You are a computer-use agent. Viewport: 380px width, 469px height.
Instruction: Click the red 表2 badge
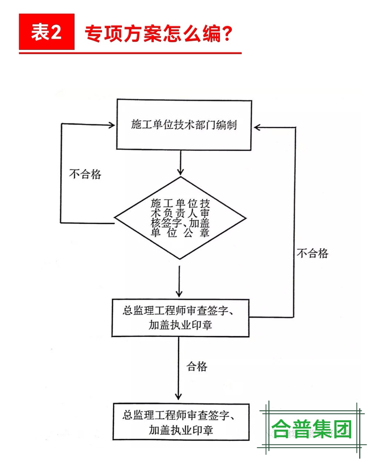(46, 32)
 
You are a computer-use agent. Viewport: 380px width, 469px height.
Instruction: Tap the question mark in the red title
(227, 34)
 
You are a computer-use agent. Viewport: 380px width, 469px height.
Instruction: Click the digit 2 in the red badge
(57, 32)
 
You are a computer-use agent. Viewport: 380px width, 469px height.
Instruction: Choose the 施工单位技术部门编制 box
(184, 125)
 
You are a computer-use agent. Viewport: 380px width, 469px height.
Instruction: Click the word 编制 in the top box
(227, 125)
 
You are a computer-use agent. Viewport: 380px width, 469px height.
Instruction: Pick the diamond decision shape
(180, 218)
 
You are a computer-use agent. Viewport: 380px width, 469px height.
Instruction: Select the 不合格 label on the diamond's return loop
(85, 174)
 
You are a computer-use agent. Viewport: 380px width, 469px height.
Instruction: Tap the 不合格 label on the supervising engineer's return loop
(312, 253)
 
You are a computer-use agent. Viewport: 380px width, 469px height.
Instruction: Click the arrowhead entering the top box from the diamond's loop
(112, 125)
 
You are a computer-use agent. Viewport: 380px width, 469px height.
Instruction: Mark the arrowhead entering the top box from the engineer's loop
(257, 128)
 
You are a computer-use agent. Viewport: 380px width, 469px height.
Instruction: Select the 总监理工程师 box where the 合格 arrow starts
(180, 318)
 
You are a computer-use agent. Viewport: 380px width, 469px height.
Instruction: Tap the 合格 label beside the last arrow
(197, 366)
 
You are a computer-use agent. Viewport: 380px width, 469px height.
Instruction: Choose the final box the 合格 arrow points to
(181, 422)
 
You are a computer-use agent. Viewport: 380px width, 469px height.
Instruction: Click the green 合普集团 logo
(312, 429)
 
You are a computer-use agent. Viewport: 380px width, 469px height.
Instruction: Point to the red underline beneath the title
(130, 53)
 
